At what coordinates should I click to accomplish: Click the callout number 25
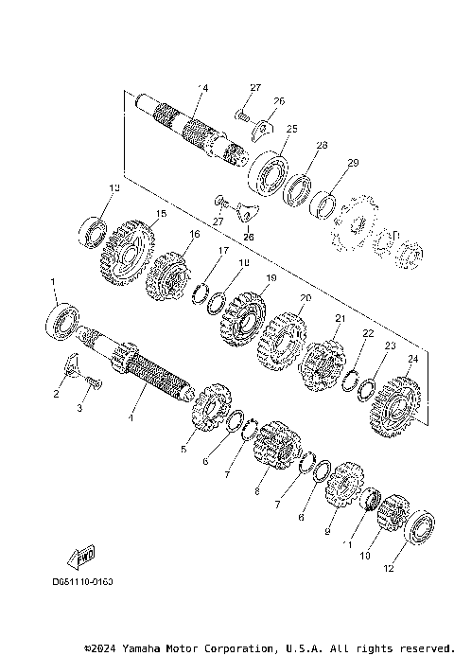(x=291, y=129)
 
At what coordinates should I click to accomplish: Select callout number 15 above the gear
(x=135, y=215)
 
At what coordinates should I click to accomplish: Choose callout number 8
(x=256, y=492)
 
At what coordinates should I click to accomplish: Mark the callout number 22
(x=368, y=333)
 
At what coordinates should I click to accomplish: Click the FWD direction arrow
(x=82, y=556)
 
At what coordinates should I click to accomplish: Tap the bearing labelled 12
(x=419, y=528)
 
